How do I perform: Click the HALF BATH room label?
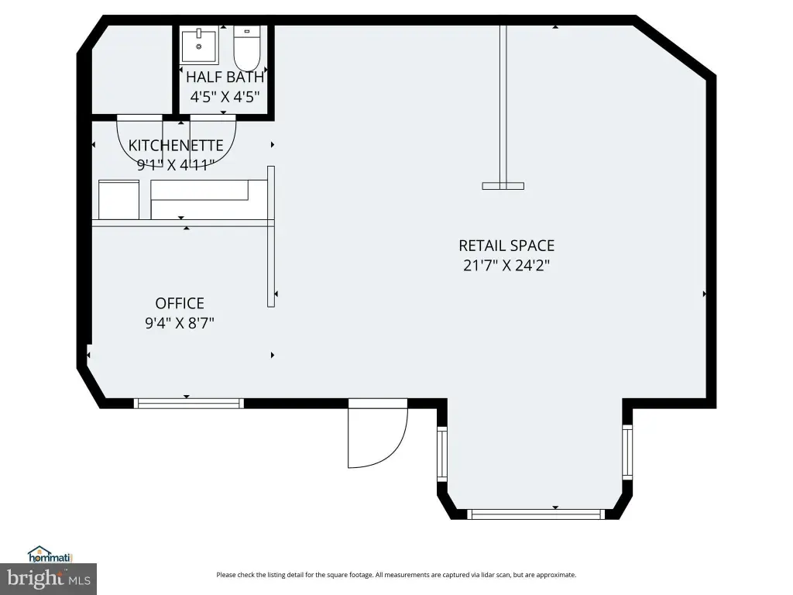coord(225,77)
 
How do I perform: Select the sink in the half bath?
coord(201,46)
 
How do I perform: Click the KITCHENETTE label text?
coord(176,146)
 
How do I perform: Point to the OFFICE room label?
coord(180,304)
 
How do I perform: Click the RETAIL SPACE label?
coord(506,246)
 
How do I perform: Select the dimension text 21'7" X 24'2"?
coord(506,266)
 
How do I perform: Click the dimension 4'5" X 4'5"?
coord(225,97)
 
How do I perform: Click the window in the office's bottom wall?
coord(189,403)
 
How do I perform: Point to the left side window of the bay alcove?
coord(442,456)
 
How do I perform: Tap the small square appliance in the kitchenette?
coord(118,200)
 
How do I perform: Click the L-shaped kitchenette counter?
coord(200,191)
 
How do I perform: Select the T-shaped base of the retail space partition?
coord(503,186)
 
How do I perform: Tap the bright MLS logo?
coord(48,578)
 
